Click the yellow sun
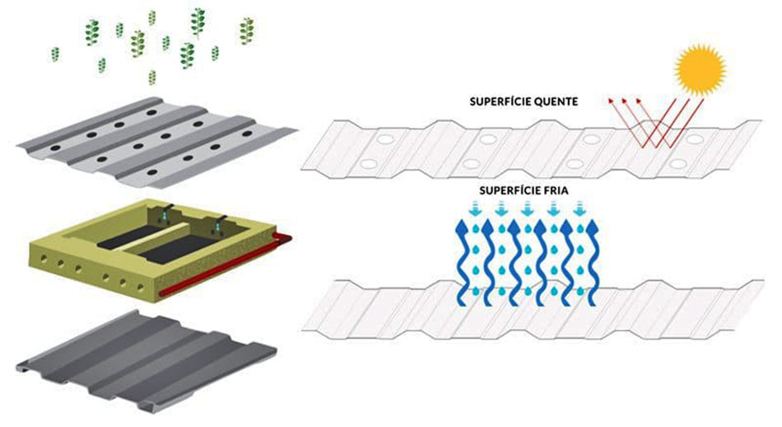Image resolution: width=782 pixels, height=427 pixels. pyautogui.click(x=702, y=68)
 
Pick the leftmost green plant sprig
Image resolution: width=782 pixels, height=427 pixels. pyautogui.click(x=55, y=54)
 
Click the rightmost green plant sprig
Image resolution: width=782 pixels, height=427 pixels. pyautogui.click(x=246, y=31)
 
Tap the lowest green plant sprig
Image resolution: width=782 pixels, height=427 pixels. pyautogui.click(x=152, y=77)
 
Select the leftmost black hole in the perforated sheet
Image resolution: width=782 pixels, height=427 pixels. pyautogui.click(x=54, y=146)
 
